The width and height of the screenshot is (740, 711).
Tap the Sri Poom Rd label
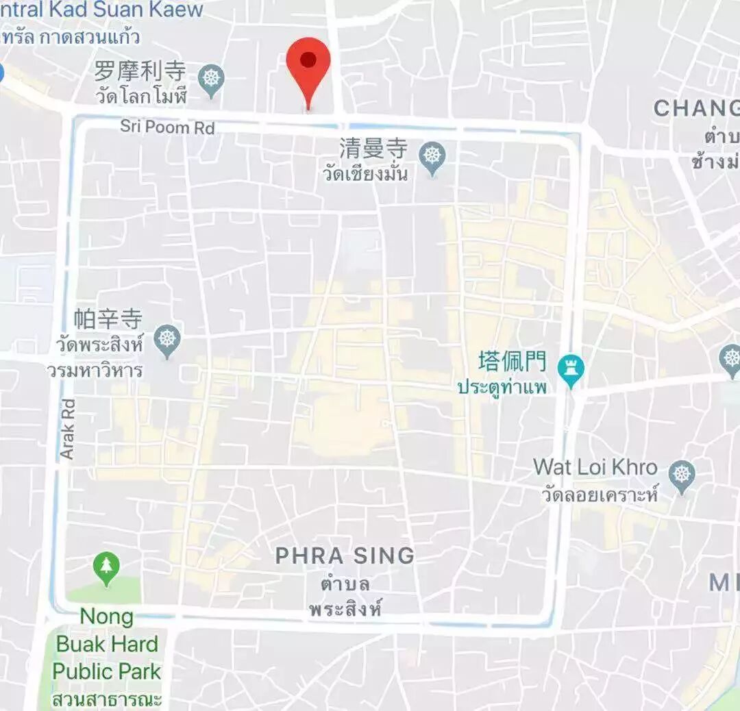tap(167, 127)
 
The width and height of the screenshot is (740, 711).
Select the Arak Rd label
tap(68, 428)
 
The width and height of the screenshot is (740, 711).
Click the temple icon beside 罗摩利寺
tap(211, 79)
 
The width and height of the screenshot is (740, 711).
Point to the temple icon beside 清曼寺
tap(432, 157)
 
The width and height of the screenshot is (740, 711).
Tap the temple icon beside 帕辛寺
tap(166, 339)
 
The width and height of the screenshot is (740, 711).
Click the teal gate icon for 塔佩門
tap(570, 369)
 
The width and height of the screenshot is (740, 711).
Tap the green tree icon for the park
tap(106, 568)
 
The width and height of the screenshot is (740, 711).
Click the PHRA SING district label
tap(345, 556)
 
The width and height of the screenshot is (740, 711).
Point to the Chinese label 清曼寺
tap(373, 149)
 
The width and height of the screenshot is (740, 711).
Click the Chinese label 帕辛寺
tap(108, 319)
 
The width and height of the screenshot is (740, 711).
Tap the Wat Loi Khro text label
tap(595, 468)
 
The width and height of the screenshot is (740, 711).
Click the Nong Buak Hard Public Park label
tap(107, 644)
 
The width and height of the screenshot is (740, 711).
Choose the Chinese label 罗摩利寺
tap(140, 71)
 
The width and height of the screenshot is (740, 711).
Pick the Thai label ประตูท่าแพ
tap(502, 387)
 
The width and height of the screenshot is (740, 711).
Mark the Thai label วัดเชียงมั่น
tap(365, 173)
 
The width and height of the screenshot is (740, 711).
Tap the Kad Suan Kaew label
tap(103, 10)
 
